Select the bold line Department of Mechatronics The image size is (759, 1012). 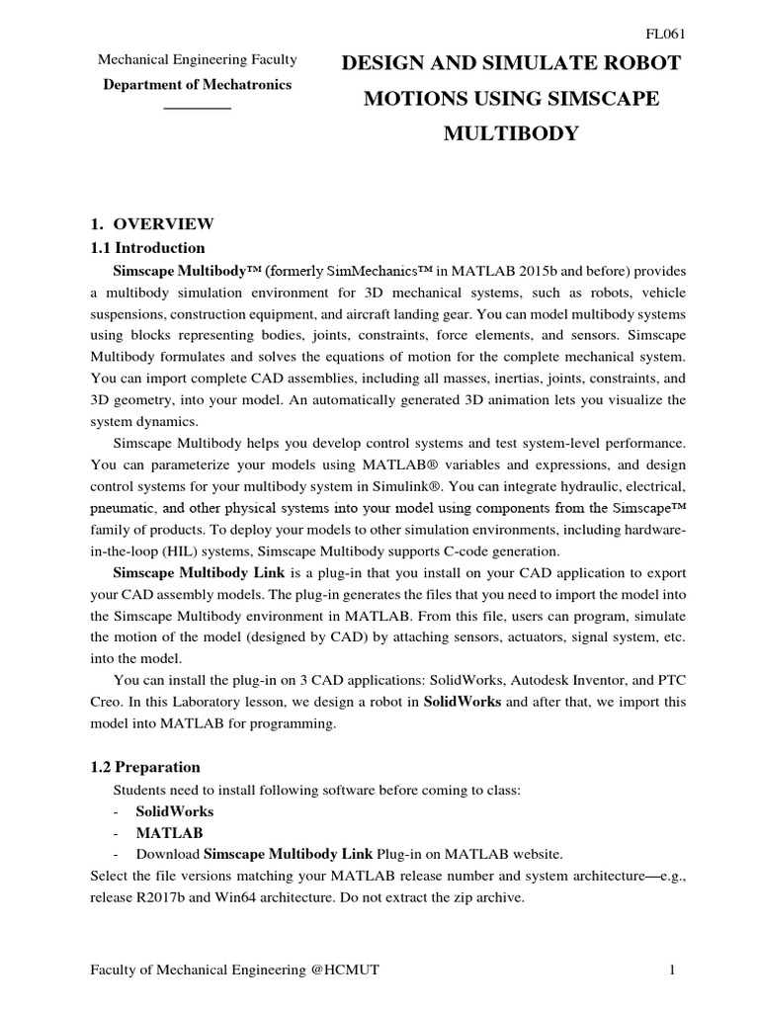click(x=198, y=85)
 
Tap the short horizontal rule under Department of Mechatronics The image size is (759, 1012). click(x=197, y=107)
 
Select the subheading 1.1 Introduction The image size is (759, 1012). click(x=147, y=248)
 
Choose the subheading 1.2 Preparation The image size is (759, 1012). click(x=145, y=767)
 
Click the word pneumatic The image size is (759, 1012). click(x=126, y=508)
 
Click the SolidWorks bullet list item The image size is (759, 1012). click(x=174, y=811)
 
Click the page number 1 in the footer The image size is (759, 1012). click(x=672, y=970)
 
